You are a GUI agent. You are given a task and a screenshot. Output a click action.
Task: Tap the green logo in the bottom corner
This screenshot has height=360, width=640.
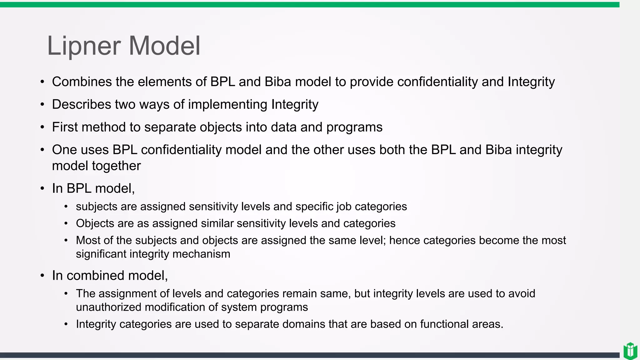630,351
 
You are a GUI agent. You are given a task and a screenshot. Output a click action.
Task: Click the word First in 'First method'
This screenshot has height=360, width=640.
65,127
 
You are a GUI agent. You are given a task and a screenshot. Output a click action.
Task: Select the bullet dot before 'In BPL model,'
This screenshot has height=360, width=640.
42,189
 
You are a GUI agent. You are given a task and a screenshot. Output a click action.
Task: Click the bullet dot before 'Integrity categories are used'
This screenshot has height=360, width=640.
66,324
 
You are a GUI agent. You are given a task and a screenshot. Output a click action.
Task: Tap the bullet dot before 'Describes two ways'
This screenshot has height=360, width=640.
42,105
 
